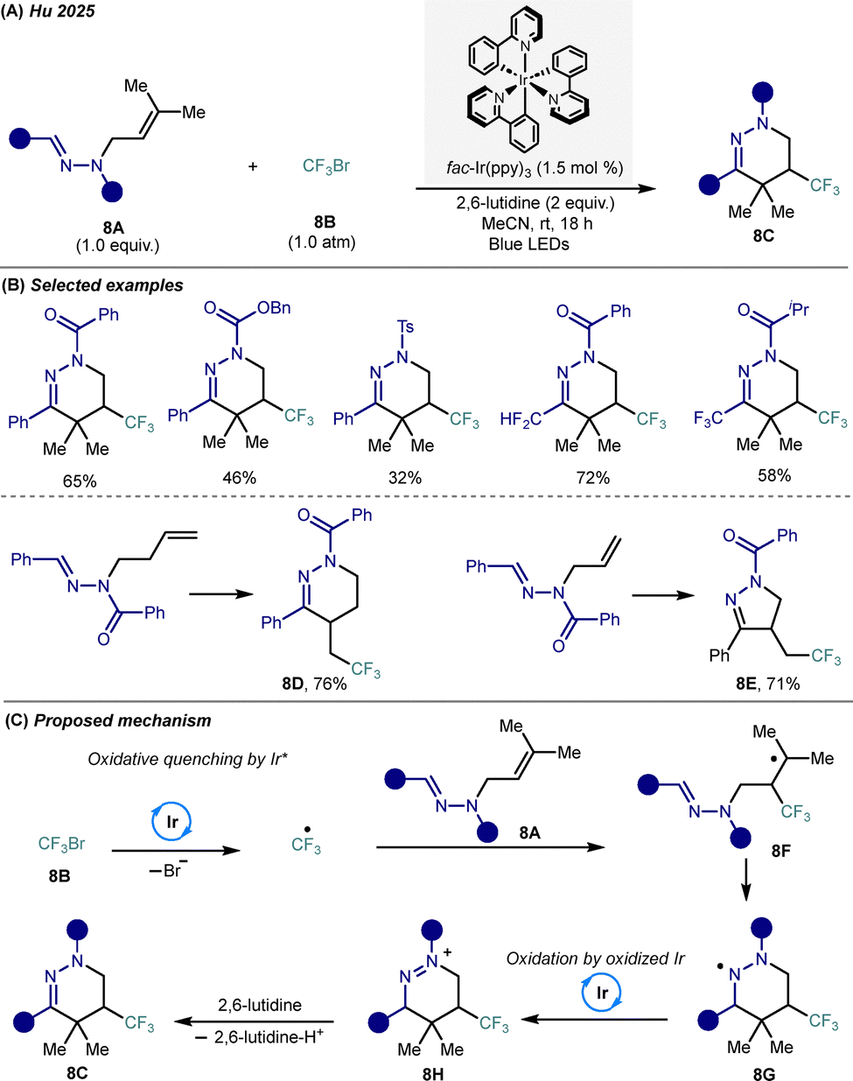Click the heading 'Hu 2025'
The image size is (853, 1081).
click(x=62, y=11)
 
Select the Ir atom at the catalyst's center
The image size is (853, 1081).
click(x=524, y=80)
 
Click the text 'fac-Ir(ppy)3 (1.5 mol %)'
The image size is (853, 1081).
click(x=535, y=168)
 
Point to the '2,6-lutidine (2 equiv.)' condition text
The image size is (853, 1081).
click(x=535, y=203)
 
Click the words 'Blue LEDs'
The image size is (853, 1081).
click(x=529, y=243)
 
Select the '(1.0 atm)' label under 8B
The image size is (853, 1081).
click(x=322, y=242)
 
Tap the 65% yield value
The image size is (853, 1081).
click(x=80, y=481)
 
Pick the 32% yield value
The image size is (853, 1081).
click(x=405, y=478)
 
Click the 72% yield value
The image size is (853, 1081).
click(x=593, y=478)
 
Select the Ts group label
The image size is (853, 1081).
click(x=405, y=326)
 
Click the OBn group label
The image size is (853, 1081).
click(x=274, y=307)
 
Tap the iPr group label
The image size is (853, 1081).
click(x=799, y=309)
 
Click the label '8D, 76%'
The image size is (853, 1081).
click(x=314, y=684)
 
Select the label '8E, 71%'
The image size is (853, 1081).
click(x=767, y=684)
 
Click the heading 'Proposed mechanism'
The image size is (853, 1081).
click(x=122, y=720)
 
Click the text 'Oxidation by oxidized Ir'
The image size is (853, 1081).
click(x=595, y=958)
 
